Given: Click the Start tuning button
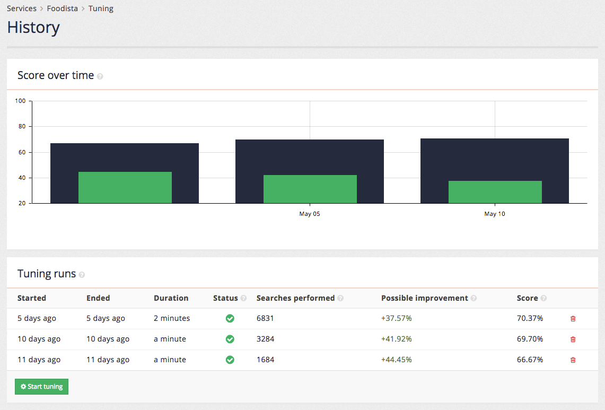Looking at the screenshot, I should click(41, 387).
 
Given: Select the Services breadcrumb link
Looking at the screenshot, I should click(22, 8).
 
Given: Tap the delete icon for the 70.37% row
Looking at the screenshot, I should click(573, 319).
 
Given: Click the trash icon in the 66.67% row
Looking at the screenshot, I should click(573, 360).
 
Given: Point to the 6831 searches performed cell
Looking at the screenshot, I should click(265, 319).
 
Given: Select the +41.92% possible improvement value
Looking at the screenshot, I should click(396, 339).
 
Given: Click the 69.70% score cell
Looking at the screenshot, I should click(530, 339).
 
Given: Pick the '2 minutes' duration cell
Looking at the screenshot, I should click(172, 319).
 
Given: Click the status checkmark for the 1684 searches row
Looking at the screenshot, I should click(230, 360).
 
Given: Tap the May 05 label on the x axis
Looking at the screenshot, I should click(310, 214).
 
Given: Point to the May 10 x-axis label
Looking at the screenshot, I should click(495, 214).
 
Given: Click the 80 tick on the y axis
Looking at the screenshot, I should click(21, 127).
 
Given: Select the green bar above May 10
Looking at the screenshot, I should click(495, 192).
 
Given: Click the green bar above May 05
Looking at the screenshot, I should click(310, 189).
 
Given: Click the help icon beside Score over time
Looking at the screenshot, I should click(100, 76).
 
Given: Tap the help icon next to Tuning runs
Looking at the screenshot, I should click(82, 275).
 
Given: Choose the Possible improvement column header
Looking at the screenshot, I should click(424, 298).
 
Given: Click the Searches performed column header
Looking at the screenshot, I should click(295, 298).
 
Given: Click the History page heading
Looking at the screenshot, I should click(33, 28).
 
